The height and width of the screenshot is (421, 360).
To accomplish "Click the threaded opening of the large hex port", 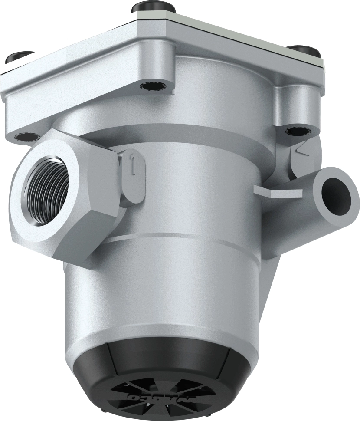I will coord(46,191).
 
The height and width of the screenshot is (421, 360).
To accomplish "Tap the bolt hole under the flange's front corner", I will coord(151,86).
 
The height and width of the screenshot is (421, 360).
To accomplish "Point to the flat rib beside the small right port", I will coord(278,191).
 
